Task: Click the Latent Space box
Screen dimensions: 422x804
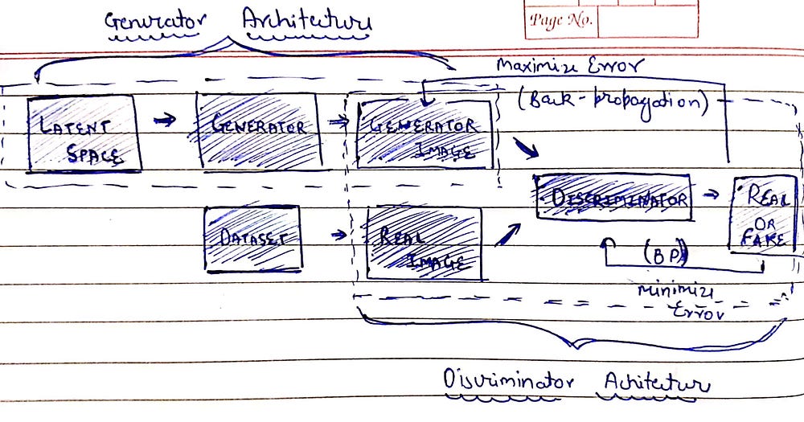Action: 84,134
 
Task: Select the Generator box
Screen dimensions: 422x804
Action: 258,129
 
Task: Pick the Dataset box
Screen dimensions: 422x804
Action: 252,238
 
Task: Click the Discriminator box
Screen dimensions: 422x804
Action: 613,196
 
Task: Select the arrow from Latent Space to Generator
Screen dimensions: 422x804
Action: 165,121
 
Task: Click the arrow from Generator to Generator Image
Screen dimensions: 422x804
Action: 338,121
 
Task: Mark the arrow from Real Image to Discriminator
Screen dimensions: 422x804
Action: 508,234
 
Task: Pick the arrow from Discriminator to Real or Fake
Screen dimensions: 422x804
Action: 711,195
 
